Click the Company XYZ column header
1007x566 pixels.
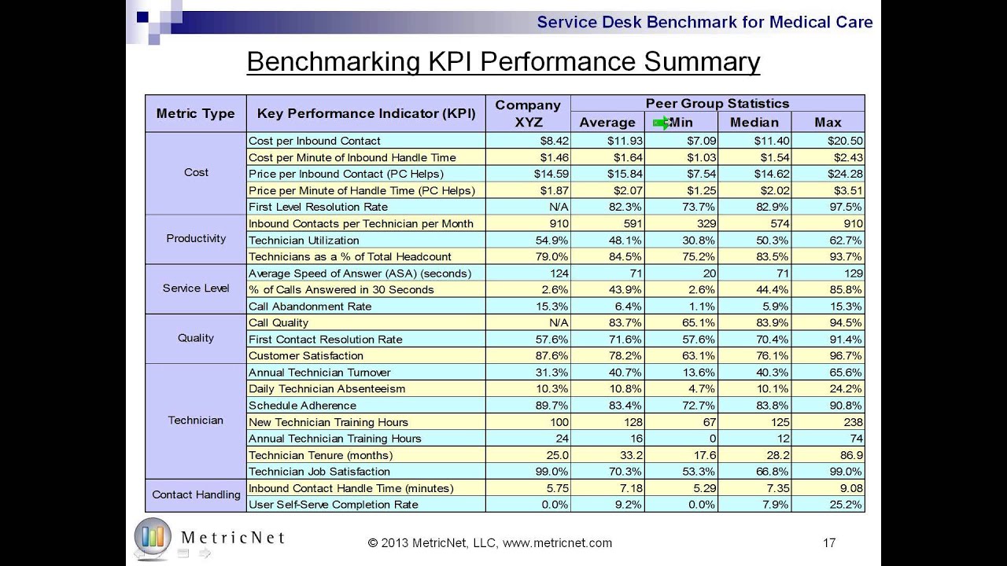pyautogui.click(x=527, y=113)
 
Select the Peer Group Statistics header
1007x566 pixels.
pyautogui.click(x=717, y=103)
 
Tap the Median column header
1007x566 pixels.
pyautogui.click(x=754, y=122)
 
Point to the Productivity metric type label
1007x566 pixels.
pyautogui.click(x=196, y=238)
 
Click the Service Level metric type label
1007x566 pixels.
pyautogui.click(x=196, y=288)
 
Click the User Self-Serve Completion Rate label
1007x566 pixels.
pyautogui.click(x=333, y=504)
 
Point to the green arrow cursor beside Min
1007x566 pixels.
pyautogui.click(x=662, y=122)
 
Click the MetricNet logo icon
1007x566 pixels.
pyautogui.click(x=153, y=535)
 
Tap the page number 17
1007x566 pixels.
pyautogui.click(x=828, y=542)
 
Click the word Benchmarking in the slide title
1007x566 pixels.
pyautogui.click(x=334, y=61)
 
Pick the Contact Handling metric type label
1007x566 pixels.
pyautogui.click(x=196, y=494)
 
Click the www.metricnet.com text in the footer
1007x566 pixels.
pyautogui.click(x=557, y=542)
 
